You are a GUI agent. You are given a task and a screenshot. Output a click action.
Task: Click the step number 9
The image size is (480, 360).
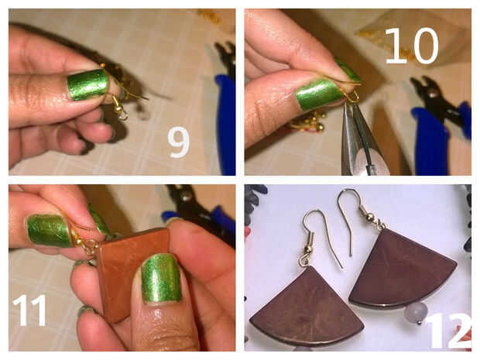click(x=179, y=142)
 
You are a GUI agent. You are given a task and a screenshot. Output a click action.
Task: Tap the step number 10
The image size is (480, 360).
click(x=412, y=46)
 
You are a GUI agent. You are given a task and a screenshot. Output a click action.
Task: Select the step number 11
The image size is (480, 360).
click(x=29, y=310)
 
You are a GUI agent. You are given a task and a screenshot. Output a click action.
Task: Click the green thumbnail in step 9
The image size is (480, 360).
click(x=87, y=84)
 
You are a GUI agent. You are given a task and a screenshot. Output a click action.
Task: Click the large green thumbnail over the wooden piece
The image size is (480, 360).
click(x=161, y=279)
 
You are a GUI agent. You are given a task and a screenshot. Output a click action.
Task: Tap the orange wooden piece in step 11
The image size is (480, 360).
click(x=135, y=274)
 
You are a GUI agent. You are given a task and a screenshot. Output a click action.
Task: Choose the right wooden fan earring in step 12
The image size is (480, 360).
click(x=403, y=269)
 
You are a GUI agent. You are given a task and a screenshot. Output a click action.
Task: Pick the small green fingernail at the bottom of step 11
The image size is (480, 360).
click(x=86, y=310)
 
